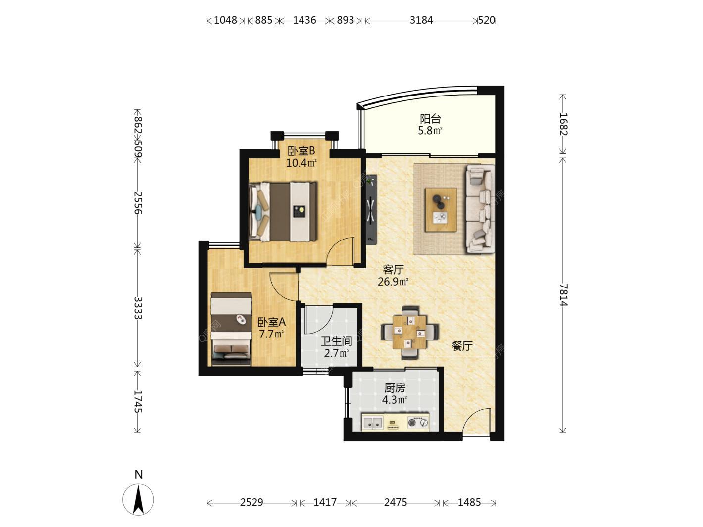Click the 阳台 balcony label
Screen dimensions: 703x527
coord(430,119)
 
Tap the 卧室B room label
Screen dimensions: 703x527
coord(301,151)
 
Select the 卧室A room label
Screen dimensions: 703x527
coord(272,322)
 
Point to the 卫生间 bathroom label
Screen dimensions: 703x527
coord(336,341)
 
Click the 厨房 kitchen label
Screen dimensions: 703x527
coord(395,388)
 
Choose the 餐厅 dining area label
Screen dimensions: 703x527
coord(462,346)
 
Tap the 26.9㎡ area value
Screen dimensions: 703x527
coord(393,282)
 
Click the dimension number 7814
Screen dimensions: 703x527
coord(564,295)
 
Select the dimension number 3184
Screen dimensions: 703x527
coord(421,20)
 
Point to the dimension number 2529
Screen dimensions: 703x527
coord(251,502)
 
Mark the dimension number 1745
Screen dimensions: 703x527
coord(138,401)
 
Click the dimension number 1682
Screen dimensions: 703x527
coord(564,124)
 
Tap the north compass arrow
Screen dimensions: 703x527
coord(138,499)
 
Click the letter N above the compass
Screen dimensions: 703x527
coord(138,474)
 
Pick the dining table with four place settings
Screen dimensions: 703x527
coord(409,333)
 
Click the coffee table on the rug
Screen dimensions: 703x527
coord(441,210)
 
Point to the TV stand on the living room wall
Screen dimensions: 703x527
coord(371,210)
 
